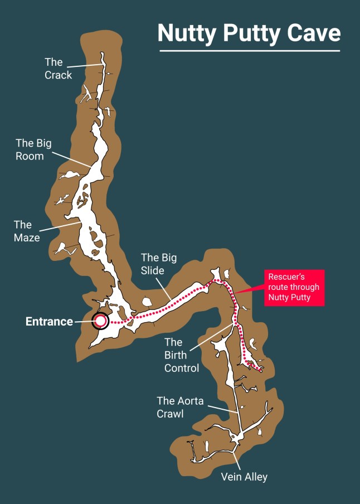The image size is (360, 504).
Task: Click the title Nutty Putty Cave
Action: (x=249, y=33)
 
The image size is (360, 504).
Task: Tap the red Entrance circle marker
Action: (x=101, y=321)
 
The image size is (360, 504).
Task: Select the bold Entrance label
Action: (x=49, y=322)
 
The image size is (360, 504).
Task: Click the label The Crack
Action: (x=58, y=68)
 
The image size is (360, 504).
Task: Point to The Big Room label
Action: (x=33, y=149)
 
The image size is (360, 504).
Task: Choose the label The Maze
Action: (x=26, y=231)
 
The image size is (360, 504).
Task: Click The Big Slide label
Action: (x=159, y=264)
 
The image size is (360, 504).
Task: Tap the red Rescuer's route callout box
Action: (x=294, y=287)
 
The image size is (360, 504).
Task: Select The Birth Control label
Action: (x=181, y=355)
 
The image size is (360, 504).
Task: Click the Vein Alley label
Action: (x=244, y=477)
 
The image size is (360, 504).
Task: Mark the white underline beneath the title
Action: (x=249, y=51)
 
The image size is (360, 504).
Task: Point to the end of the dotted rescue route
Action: (x=261, y=370)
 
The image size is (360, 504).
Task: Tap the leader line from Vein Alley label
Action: (x=237, y=461)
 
